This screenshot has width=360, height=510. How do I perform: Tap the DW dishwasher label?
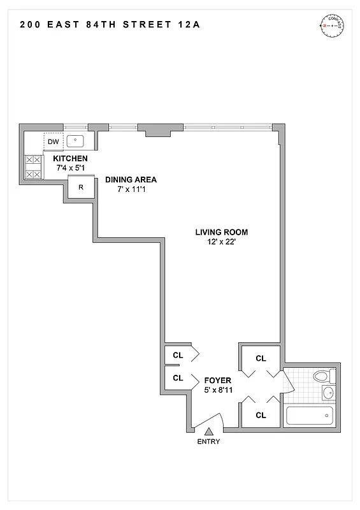pyautogui.click(x=54, y=142)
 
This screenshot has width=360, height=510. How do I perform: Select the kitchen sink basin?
pyautogui.click(x=77, y=141)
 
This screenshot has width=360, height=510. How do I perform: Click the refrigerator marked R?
pyautogui.click(x=81, y=187)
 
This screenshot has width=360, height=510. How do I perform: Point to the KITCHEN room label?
pyautogui.click(x=70, y=159)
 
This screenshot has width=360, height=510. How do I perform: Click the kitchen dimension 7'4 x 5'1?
pyautogui.click(x=70, y=168)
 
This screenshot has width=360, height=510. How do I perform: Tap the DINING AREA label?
pyautogui.click(x=131, y=180)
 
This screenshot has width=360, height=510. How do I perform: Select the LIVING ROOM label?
pyautogui.click(x=222, y=232)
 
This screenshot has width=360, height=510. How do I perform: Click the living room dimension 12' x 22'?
pyautogui.click(x=222, y=242)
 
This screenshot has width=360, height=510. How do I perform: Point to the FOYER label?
pyautogui.click(x=218, y=381)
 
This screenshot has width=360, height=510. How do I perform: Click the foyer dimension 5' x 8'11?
pyautogui.click(x=218, y=390)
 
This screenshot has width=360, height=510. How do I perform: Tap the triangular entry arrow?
pyautogui.click(x=208, y=432)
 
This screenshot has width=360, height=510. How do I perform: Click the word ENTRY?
pyautogui.click(x=208, y=442)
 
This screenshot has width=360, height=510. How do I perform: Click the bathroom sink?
pyautogui.click(x=328, y=392)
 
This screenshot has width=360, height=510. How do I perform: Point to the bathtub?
pyautogui.click(x=310, y=416)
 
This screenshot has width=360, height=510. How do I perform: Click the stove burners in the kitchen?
pyautogui.click(x=32, y=167)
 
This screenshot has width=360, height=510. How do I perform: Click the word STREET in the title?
pyautogui.click(x=146, y=25)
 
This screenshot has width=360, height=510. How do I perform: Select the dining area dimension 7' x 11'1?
pyautogui.click(x=131, y=189)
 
